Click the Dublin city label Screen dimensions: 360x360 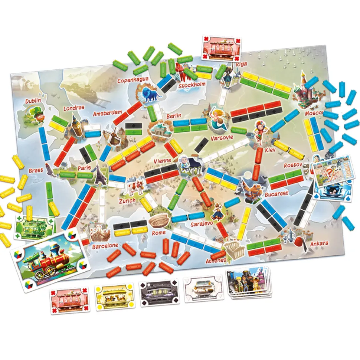(33, 101)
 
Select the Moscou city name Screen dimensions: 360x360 (314, 113)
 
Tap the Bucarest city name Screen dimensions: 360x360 (276, 194)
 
